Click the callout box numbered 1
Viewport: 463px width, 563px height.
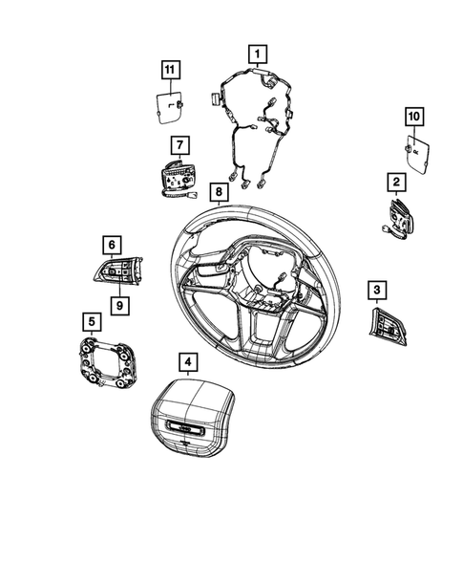point(258,54)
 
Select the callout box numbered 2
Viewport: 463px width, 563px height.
point(396,182)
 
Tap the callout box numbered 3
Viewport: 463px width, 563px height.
point(377,291)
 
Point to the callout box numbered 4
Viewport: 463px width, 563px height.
point(188,362)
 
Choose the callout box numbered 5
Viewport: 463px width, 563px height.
point(92,322)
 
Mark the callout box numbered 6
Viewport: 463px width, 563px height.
point(112,245)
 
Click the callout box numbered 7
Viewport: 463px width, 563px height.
point(180,145)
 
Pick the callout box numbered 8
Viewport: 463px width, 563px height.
point(219,192)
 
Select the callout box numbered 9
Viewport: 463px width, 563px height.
point(119,306)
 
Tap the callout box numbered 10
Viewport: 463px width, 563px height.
point(414,117)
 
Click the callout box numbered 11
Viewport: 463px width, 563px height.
point(170,70)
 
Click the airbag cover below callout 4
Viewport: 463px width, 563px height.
point(192,419)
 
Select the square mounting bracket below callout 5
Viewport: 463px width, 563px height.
point(107,363)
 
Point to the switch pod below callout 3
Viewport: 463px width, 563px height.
point(388,326)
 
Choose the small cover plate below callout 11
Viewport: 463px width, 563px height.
point(169,108)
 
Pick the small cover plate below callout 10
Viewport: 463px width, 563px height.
point(417,155)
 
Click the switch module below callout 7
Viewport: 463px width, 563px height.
point(179,180)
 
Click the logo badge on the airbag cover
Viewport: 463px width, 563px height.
point(185,428)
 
